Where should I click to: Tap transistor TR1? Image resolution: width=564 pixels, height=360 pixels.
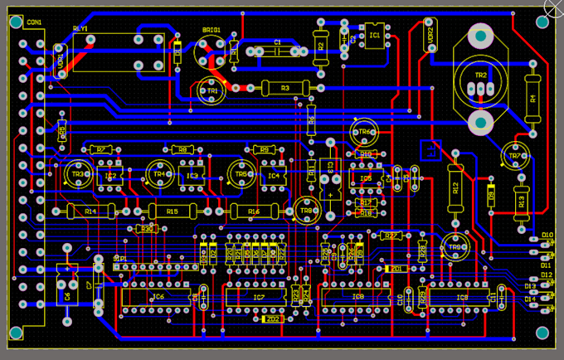click(212, 90)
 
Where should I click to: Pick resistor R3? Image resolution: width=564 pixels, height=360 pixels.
click(284, 87)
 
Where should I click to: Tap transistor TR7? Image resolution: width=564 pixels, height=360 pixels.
click(514, 153)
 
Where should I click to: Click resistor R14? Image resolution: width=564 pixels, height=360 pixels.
click(90, 211)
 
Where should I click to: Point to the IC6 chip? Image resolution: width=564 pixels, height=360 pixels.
click(158, 296)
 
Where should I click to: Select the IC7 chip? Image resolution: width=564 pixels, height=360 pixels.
click(258, 296)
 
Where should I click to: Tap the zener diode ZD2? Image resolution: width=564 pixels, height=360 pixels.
click(270, 319)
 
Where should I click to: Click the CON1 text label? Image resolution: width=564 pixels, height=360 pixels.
click(34, 22)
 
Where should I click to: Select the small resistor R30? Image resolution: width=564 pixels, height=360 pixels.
click(146, 228)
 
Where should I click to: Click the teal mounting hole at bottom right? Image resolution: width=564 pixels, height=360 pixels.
click(542, 333)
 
